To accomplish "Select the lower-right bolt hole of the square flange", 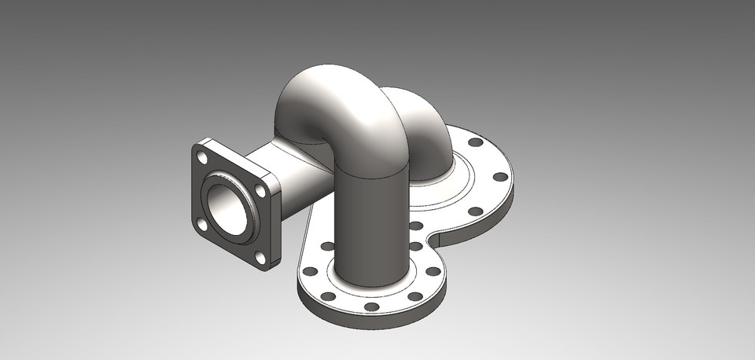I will tap(260, 256).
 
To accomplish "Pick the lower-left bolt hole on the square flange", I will tap(203, 225).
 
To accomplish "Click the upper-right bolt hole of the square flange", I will tap(260, 189).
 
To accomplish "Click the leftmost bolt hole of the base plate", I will tap(310, 271).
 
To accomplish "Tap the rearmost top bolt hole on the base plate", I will tap(475, 143).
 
